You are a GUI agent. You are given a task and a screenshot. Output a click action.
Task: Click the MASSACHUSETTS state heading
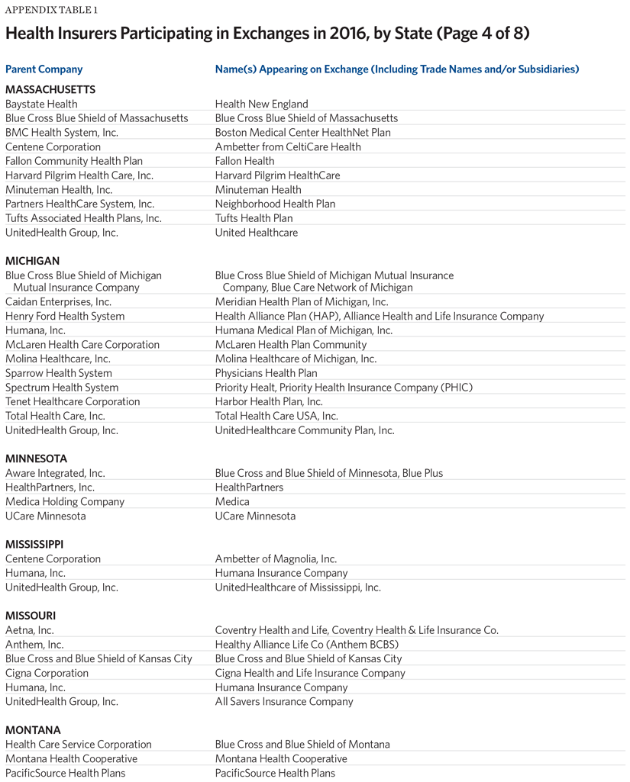[x=50, y=89]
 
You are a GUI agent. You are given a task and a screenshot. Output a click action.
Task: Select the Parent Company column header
[x=44, y=69]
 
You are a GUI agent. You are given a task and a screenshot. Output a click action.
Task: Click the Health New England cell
[x=261, y=104]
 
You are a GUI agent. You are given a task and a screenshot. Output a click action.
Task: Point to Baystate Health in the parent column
[x=41, y=104]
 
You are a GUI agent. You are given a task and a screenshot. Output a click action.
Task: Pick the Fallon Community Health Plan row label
[x=74, y=161]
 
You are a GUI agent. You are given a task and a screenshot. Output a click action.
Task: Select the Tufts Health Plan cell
[x=254, y=218]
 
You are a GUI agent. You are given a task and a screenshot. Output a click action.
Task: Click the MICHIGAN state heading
[x=32, y=261]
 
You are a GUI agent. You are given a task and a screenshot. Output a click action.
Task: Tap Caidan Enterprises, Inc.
[x=58, y=302]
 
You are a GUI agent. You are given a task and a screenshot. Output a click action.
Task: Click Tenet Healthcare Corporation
[x=73, y=401]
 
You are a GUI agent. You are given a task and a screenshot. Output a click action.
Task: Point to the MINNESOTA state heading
[x=36, y=459]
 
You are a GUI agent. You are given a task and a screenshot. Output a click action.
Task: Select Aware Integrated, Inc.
[x=55, y=473]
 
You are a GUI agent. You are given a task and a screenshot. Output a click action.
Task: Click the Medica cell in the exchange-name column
[x=232, y=502]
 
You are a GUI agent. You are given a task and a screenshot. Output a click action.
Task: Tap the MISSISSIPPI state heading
[x=34, y=544]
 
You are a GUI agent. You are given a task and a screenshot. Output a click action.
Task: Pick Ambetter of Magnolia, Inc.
[x=276, y=558]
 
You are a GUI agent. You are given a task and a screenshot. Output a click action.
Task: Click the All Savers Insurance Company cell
[x=284, y=702]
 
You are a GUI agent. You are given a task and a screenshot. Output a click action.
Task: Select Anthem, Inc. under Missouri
[x=34, y=645]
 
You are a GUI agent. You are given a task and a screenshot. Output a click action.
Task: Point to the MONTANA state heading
[x=33, y=730]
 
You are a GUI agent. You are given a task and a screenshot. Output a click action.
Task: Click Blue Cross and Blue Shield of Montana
[x=302, y=745]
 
